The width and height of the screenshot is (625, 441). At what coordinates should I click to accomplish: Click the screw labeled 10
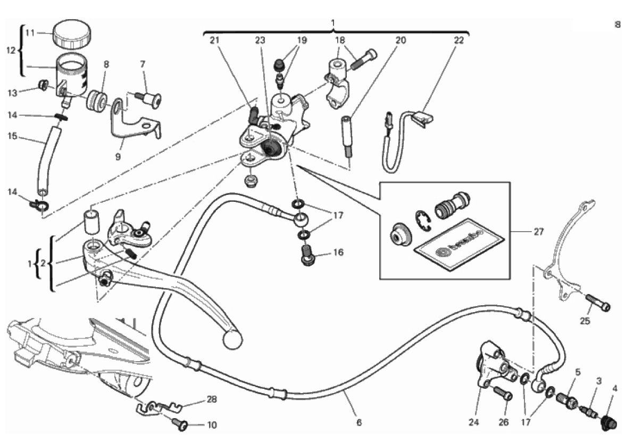(181, 424)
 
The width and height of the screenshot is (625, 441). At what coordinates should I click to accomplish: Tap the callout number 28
(212, 399)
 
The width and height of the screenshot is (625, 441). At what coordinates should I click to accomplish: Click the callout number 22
(459, 40)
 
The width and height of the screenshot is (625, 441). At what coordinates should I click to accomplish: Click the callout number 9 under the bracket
(118, 157)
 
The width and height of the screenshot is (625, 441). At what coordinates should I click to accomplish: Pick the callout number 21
(214, 40)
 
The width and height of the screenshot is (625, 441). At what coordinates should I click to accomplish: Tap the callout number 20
(401, 40)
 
